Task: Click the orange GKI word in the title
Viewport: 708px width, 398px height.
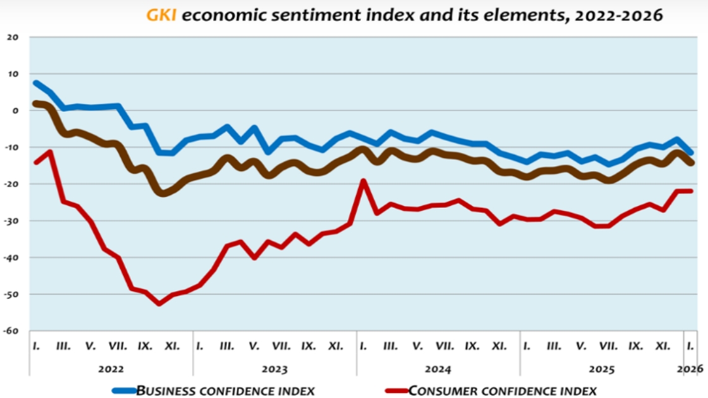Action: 161,15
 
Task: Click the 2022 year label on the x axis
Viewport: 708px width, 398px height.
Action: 111,368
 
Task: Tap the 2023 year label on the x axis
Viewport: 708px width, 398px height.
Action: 274,368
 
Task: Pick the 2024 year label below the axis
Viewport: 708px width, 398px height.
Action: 438,368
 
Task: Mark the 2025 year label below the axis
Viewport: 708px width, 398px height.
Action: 601,368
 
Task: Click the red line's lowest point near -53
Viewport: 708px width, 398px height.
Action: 159,304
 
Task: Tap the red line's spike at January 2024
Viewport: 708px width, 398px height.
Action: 363,181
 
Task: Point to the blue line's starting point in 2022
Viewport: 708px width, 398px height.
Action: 36,83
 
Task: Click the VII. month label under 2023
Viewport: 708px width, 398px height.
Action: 281,346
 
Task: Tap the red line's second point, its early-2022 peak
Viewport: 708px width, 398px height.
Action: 50,152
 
